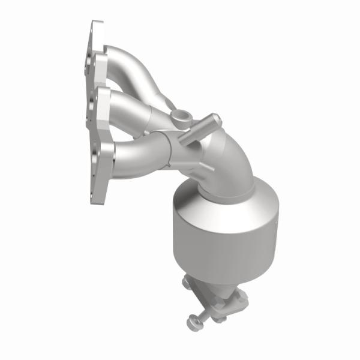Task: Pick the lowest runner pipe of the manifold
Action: pos(138,156)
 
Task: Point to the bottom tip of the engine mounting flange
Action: pos(96,198)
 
